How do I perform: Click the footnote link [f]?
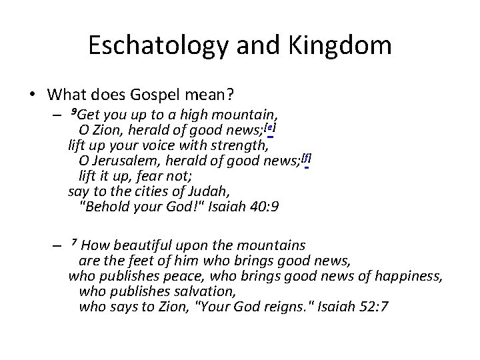pos(306,158)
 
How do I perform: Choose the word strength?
pos(243,143)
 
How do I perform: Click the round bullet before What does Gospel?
pos(32,94)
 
